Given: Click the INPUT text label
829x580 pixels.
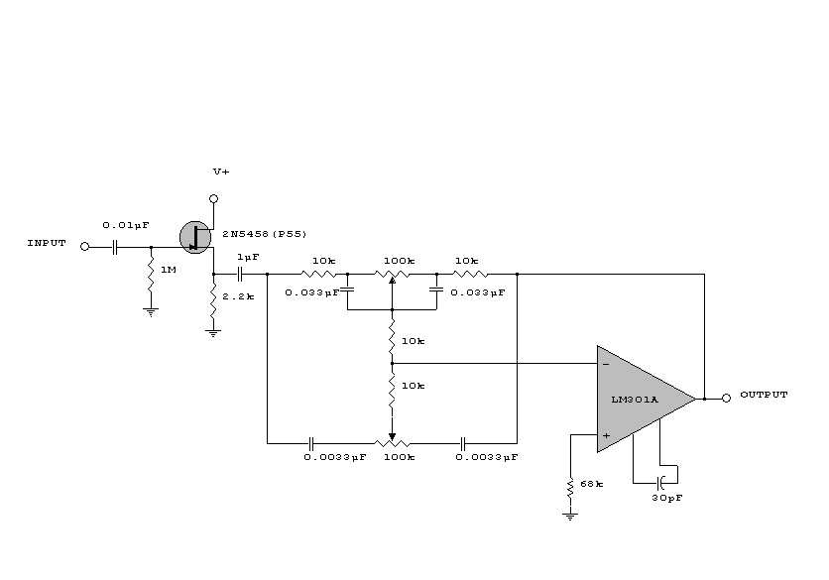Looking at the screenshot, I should tap(47, 243).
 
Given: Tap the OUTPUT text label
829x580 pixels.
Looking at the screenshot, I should tap(764, 395).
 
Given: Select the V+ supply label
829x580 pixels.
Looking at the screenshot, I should tap(221, 172).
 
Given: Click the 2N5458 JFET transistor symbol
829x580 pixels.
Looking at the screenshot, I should tap(197, 236).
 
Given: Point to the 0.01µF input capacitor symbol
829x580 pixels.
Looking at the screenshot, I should tap(115, 247).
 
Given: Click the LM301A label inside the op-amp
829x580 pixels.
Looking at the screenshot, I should tap(636, 400).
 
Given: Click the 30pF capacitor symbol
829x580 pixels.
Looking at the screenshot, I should tap(658, 480).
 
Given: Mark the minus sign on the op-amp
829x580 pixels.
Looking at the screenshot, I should tap(606, 365).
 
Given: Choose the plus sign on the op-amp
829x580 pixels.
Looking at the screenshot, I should tap(606, 433).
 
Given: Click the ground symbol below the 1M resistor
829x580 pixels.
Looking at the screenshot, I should tap(151, 310).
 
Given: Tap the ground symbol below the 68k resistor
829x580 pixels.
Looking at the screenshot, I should tap(570, 515).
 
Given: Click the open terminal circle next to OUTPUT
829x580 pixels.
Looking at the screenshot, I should tap(726, 398).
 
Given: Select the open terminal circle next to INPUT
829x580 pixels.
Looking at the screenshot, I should tap(84, 247).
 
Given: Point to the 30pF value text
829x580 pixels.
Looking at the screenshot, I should tap(667, 497).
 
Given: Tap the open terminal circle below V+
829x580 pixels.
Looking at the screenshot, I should tap(213, 198).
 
